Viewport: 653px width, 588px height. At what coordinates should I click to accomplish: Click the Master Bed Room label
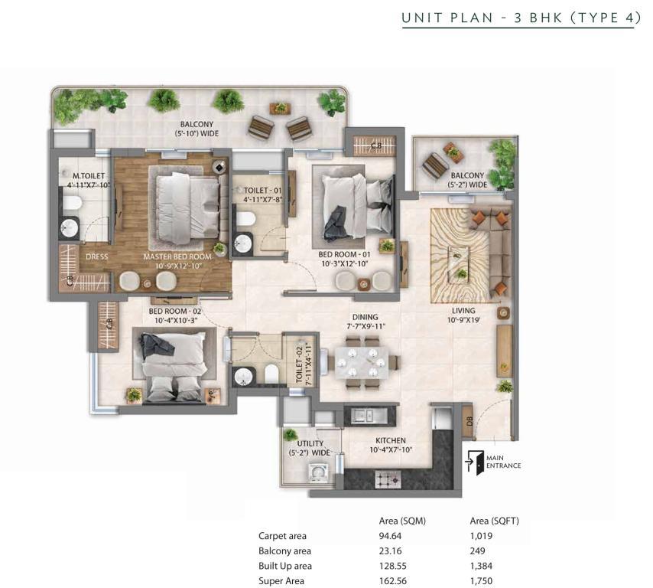click(177, 257)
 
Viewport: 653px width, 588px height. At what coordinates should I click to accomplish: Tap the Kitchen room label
click(391, 440)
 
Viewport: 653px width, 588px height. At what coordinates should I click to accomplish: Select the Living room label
click(463, 311)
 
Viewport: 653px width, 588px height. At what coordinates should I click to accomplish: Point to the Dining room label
click(365, 318)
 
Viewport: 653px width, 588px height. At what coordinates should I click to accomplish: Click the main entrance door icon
click(474, 462)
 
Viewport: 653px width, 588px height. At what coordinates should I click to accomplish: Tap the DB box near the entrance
click(468, 421)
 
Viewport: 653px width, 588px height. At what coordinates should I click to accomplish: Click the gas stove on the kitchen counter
click(388, 479)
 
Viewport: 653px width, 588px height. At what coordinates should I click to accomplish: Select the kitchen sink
click(363, 416)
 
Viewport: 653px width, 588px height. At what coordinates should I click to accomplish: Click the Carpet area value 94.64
click(390, 536)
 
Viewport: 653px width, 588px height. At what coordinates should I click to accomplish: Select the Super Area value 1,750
click(481, 581)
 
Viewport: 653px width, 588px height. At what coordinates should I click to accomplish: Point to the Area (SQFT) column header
click(494, 521)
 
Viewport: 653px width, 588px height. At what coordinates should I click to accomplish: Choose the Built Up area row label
click(285, 566)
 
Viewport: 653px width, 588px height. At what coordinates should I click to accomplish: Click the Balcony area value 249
click(477, 551)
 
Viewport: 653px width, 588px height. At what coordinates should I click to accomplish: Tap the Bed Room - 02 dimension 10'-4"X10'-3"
click(175, 320)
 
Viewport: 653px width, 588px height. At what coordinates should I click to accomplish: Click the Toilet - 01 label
click(263, 190)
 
